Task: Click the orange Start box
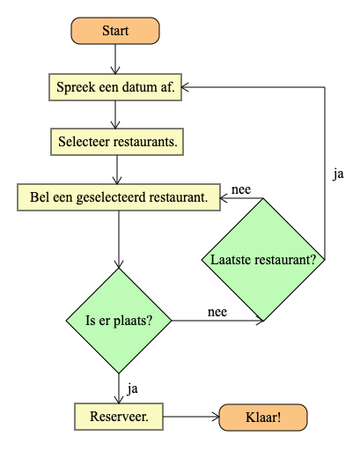[115, 31]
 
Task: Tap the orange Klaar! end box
[262, 418]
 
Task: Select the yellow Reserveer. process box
[119, 417]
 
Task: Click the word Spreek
[74, 87]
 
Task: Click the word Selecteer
[82, 141]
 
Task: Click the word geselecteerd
[107, 196]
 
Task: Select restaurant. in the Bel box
[179, 196]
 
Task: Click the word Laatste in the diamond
[231, 260]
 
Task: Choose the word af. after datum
[166, 87]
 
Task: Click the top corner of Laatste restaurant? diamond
[263, 200]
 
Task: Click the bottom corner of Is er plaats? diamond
[119, 373]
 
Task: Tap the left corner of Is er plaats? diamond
[68, 321]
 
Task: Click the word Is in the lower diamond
[91, 321]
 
